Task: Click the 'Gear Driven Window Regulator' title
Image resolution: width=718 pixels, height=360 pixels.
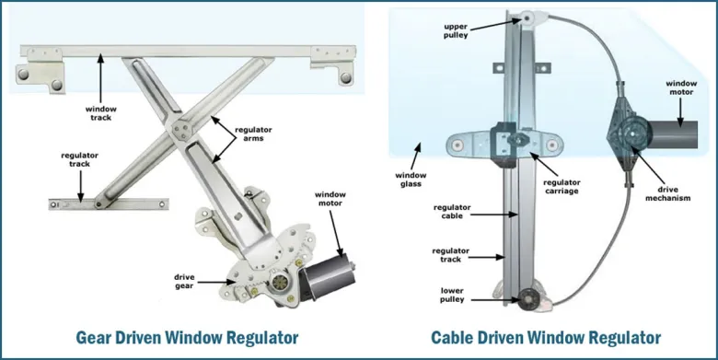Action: click(187, 338)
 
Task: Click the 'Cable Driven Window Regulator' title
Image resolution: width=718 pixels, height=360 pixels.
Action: click(546, 338)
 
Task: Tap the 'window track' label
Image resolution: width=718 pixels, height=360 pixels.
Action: click(100, 113)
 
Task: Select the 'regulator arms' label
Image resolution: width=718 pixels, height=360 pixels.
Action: click(253, 134)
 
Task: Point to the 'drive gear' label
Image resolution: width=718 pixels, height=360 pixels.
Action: click(184, 281)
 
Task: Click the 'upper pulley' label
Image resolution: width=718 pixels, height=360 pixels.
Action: click(456, 30)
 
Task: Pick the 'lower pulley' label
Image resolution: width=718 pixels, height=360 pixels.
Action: click(452, 295)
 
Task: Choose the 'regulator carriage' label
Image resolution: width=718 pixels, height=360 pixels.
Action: click(562, 187)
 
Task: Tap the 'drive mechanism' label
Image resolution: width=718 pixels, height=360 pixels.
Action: click(667, 193)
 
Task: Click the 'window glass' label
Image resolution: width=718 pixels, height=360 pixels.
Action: click(411, 180)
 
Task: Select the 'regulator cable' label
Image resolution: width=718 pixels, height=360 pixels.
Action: click(452, 212)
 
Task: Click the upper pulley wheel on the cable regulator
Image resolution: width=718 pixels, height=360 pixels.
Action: click(527, 18)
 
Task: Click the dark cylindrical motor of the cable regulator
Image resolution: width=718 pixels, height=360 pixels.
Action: click(671, 134)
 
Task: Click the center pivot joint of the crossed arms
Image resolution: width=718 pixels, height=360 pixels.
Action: click(180, 131)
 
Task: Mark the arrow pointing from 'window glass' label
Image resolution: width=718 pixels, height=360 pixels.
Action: click(415, 157)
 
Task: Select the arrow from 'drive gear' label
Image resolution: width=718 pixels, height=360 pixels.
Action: click(216, 282)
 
